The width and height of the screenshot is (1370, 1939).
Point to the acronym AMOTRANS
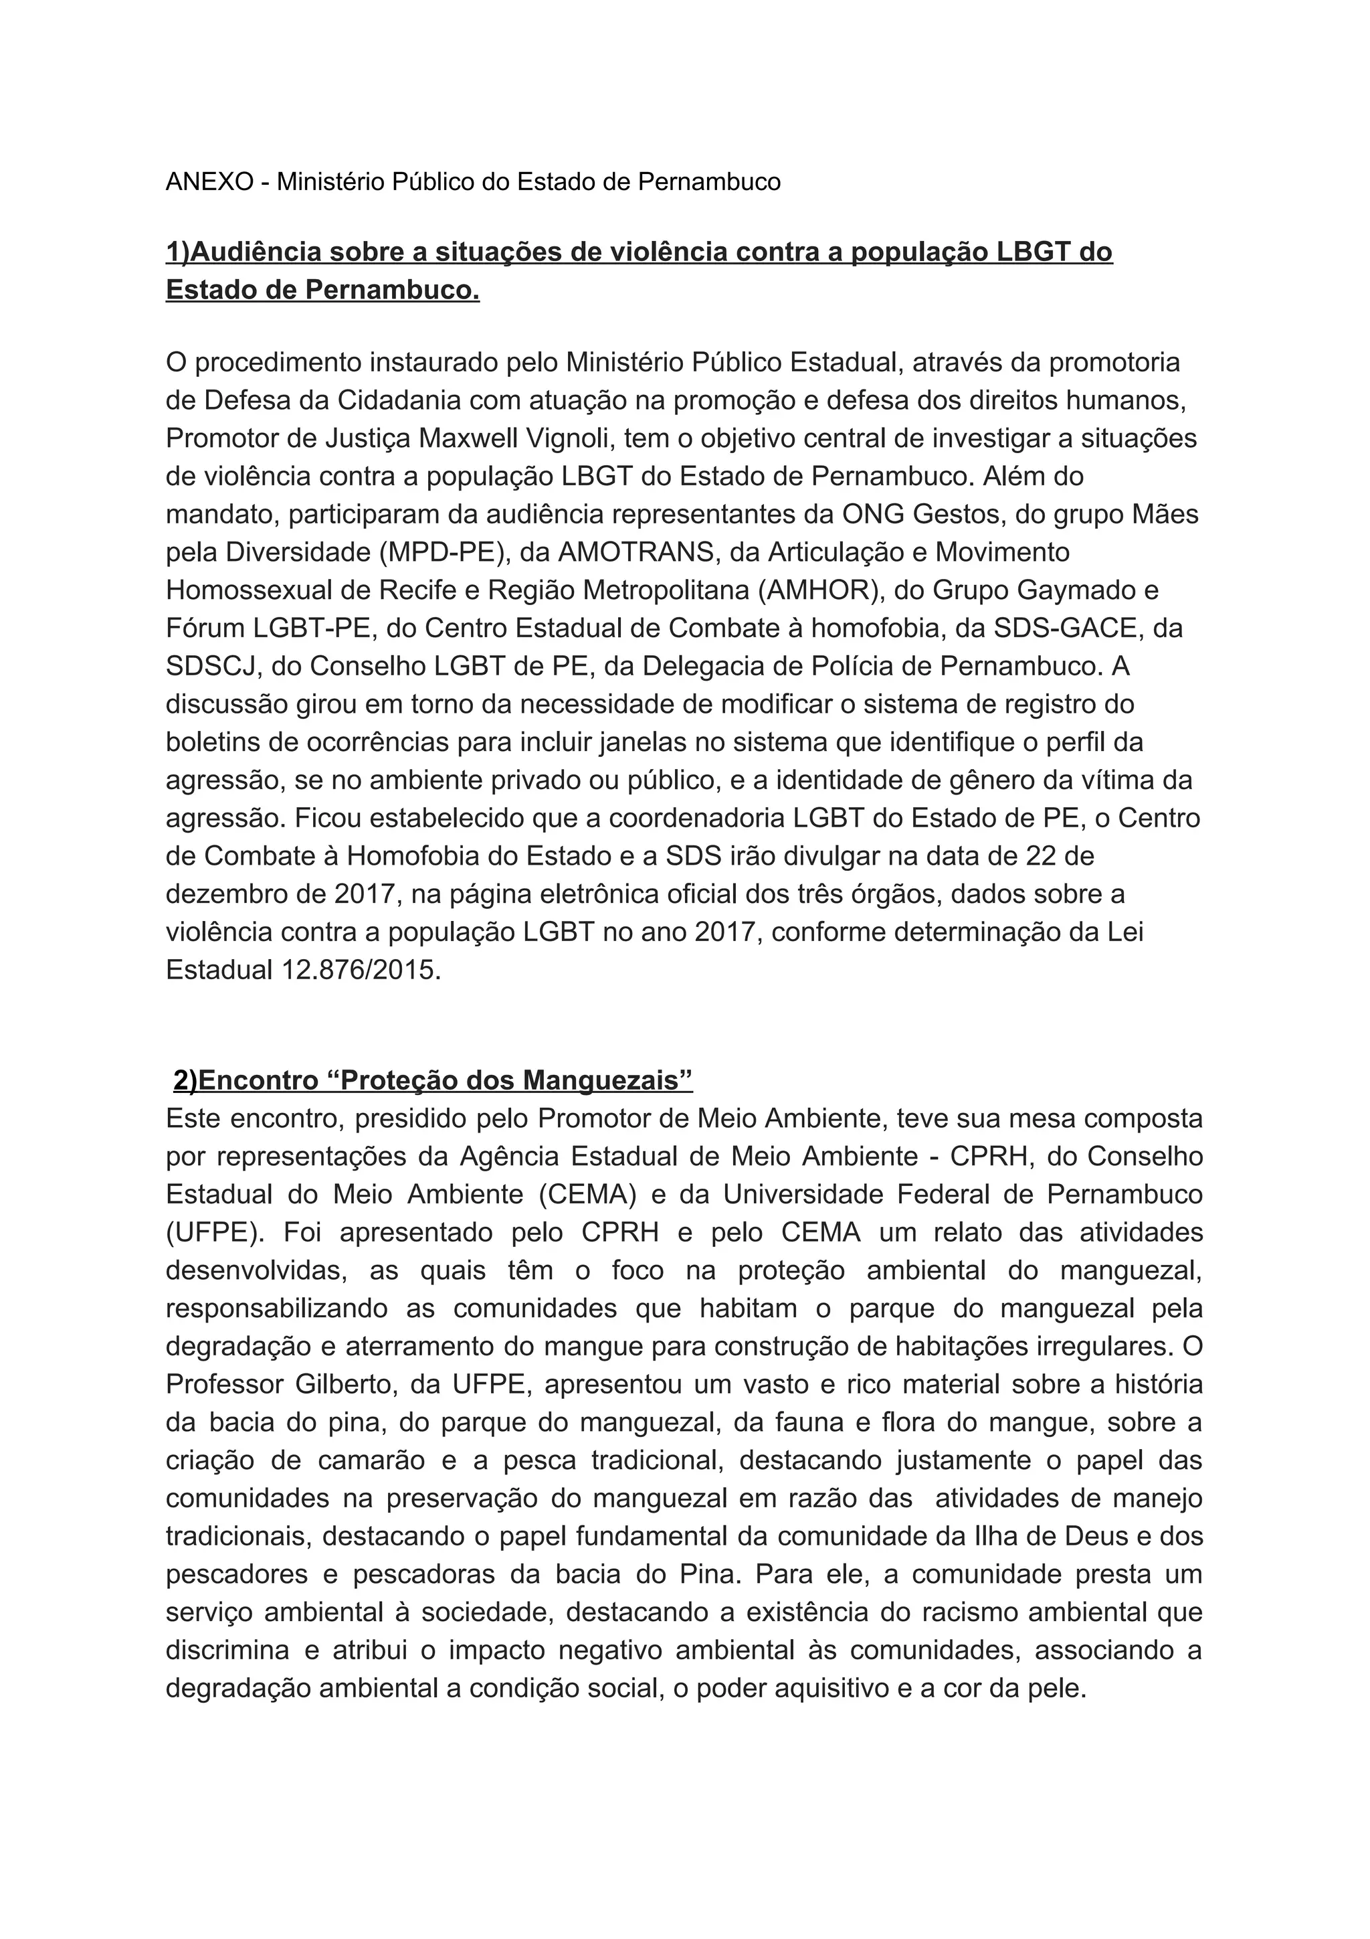pyautogui.click(x=625, y=552)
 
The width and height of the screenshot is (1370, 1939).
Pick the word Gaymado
pyautogui.click(x=1080, y=590)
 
